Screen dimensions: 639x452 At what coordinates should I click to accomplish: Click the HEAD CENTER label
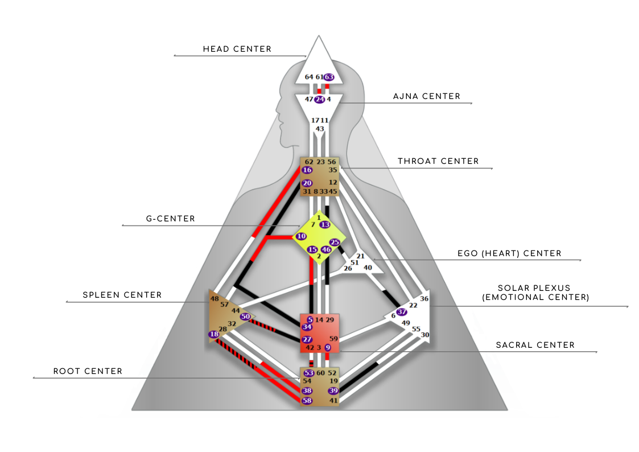pos(237,49)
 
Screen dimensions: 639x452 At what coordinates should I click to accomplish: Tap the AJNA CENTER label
pos(427,96)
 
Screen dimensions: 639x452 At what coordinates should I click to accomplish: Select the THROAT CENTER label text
pos(438,161)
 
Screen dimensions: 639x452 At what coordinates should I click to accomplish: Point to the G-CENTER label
pos(170,219)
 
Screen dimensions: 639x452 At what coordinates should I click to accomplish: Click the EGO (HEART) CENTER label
pos(509,253)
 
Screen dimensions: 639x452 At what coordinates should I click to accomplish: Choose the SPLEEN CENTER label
pos(122,295)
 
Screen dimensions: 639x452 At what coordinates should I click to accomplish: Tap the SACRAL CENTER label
pos(535,345)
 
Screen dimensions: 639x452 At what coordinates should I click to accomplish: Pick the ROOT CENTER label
pos(88,371)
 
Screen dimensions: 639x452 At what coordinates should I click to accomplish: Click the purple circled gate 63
pos(329,77)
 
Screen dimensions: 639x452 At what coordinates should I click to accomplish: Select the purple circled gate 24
pos(320,100)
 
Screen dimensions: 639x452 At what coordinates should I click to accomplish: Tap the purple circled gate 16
pos(307,170)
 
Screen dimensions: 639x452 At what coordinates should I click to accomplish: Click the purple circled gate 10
pos(301,236)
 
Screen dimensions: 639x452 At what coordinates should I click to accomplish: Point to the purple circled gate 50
pos(245,317)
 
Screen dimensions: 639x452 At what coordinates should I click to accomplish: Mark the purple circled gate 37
pos(402,312)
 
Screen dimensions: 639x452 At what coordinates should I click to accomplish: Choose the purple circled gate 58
pos(307,401)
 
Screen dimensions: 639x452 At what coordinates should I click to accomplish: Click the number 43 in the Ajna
pos(320,129)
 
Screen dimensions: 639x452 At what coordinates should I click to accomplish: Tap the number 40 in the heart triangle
pos(368,268)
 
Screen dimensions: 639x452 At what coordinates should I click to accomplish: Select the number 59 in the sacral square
pos(333,339)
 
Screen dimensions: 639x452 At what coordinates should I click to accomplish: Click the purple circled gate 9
pos(328,348)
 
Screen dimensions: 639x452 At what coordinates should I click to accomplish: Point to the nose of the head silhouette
pos(278,110)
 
